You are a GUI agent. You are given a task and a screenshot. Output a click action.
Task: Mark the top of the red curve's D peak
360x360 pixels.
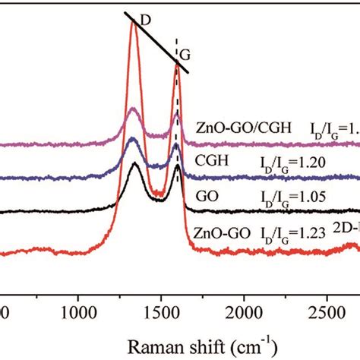coord(134,23)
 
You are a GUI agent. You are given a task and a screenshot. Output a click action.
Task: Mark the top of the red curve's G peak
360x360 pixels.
coord(178,65)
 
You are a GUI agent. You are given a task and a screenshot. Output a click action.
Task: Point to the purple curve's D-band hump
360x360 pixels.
coord(134,111)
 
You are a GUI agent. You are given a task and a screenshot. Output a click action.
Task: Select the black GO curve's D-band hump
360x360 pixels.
coord(134,165)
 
